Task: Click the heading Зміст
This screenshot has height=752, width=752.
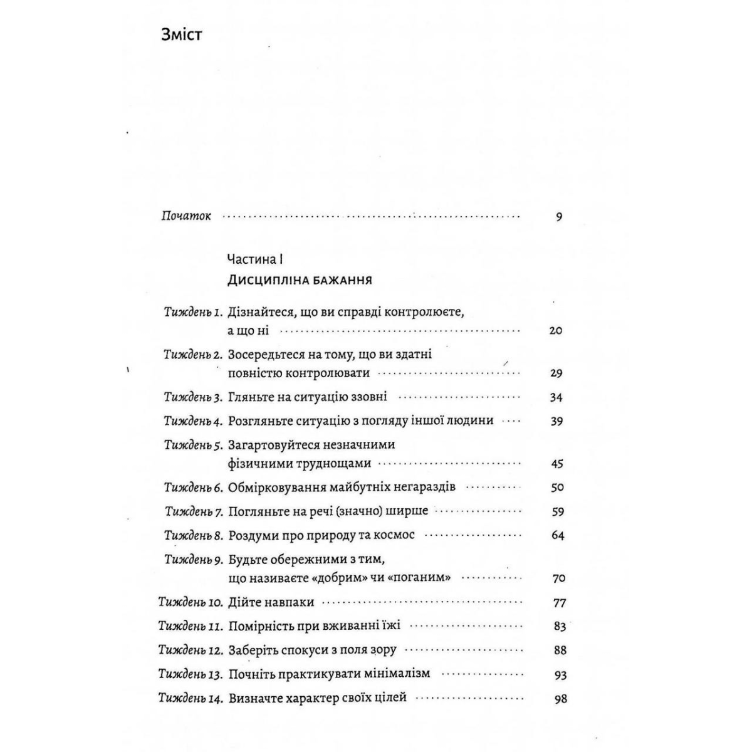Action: [x=182, y=34]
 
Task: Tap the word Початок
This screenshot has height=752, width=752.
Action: [x=187, y=216]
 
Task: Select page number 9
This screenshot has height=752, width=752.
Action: [x=558, y=217]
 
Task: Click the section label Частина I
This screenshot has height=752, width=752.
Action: [x=256, y=258]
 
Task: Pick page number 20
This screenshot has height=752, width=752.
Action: [x=556, y=330]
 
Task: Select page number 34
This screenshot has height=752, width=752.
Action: [x=556, y=397]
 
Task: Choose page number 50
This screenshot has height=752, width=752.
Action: [x=556, y=488]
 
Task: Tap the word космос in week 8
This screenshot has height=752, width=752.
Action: [x=396, y=535]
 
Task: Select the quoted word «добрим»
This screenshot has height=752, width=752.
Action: [x=340, y=578]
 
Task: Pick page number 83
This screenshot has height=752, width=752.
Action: [x=559, y=626]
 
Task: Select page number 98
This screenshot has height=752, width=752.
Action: [x=560, y=698]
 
